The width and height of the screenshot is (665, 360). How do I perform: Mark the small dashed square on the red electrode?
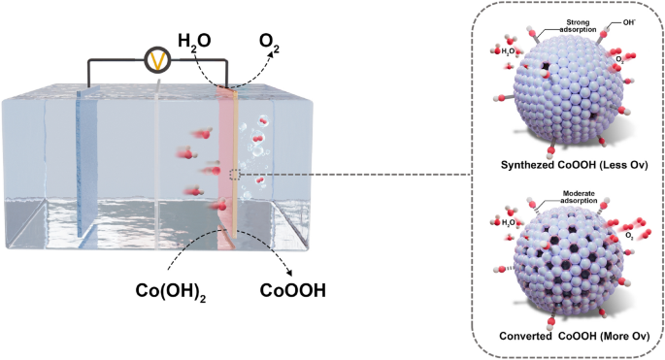(234, 175)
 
